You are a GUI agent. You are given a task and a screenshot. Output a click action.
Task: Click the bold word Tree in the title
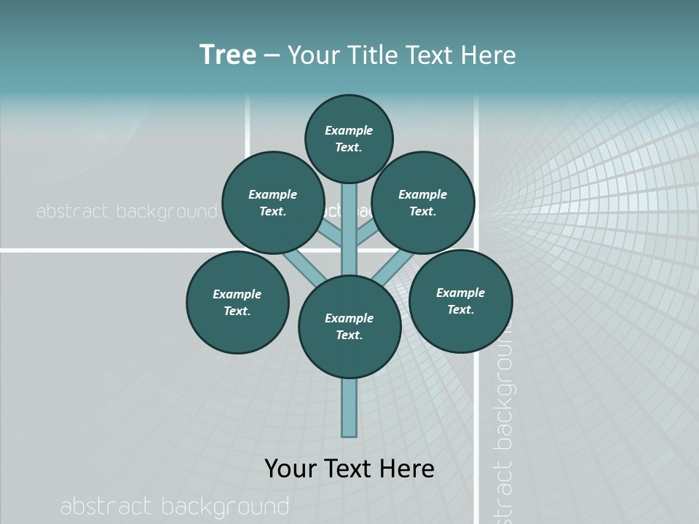tap(228, 55)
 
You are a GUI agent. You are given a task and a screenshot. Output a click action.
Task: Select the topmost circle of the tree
tap(349, 138)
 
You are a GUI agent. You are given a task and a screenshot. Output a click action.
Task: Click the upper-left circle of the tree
tap(272, 202)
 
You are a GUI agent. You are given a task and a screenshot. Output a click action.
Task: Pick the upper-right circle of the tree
tap(423, 202)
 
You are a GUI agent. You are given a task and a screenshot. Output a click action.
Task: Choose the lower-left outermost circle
tap(237, 302)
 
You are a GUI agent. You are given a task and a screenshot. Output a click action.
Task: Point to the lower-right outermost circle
tap(461, 301)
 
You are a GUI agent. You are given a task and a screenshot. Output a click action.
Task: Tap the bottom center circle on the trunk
tap(349, 327)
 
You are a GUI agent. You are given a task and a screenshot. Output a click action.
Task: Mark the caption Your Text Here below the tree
tap(349, 468)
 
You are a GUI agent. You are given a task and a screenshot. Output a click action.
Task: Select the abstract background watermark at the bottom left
tap(175, 507)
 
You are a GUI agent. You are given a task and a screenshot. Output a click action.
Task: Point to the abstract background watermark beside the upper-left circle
tap(127, 212)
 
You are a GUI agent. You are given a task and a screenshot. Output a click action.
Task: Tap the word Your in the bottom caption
tap(291, 468)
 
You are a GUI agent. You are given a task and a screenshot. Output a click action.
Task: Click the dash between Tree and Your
tap(272, 55)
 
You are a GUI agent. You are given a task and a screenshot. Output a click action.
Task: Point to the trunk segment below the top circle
tap(349, 218)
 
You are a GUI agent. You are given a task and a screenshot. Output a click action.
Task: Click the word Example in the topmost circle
tap(349, 130)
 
